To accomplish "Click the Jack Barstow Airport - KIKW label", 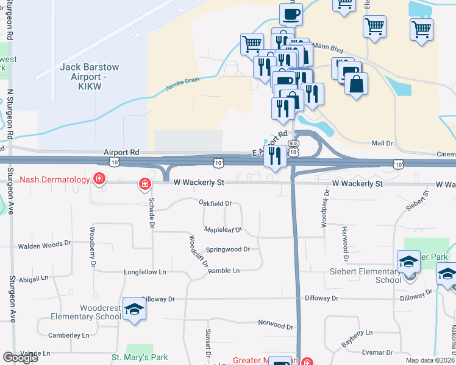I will point(89,77).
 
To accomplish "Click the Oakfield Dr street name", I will point(215,203).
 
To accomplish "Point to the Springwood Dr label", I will point(228,249).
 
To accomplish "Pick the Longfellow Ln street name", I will point(144,272).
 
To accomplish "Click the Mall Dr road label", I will point(382,144).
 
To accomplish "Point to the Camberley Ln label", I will point(68,335).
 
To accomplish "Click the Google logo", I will point(20,358).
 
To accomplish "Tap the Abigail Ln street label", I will point(33,279).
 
